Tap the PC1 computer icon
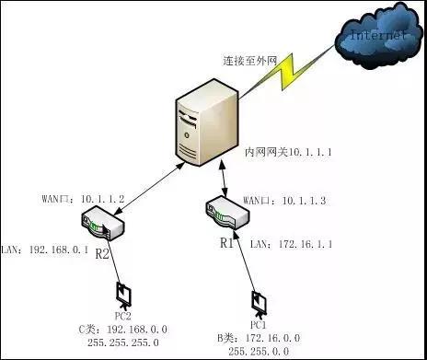click(x=260, y=304)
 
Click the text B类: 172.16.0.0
click(x=259, y=339)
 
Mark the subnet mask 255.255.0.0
click(x=259, y=352)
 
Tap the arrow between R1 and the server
click(x=221, y=179)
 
